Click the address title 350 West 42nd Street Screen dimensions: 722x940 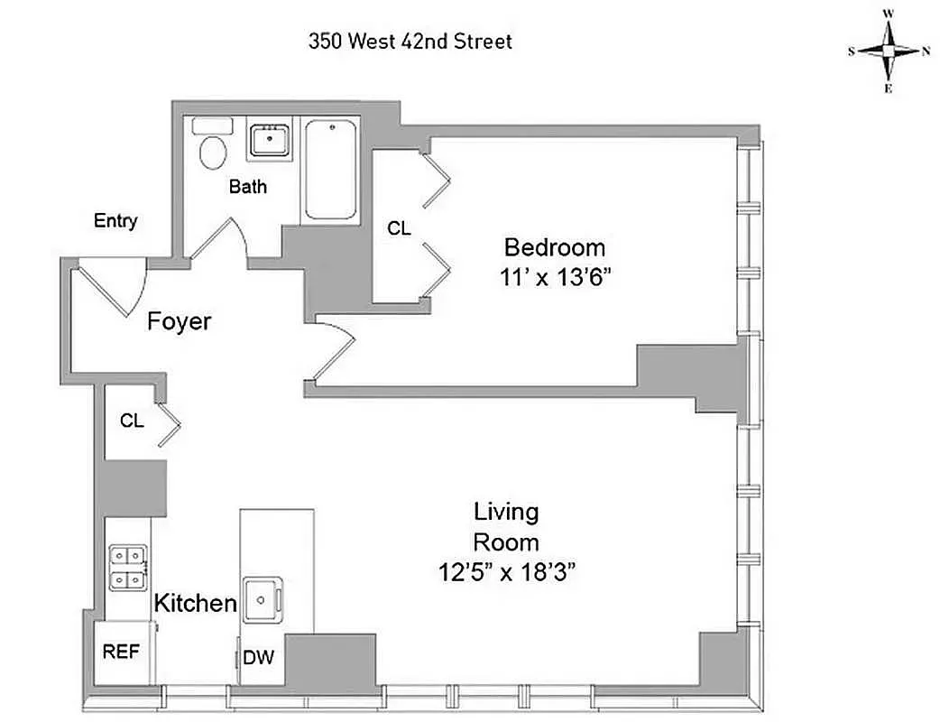410,42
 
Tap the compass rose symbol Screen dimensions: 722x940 889,51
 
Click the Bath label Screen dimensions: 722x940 247,188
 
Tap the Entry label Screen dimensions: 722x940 115,221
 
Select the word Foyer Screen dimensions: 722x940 180,320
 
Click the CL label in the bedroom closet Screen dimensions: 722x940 399,229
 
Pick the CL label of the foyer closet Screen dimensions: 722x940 131,421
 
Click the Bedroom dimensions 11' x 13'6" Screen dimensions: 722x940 555,277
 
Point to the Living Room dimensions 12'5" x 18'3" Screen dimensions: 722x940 507,571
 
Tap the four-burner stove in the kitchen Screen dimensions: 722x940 127,568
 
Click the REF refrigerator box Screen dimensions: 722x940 121,652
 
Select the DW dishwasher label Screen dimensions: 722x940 258,658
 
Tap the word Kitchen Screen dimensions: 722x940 195,604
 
